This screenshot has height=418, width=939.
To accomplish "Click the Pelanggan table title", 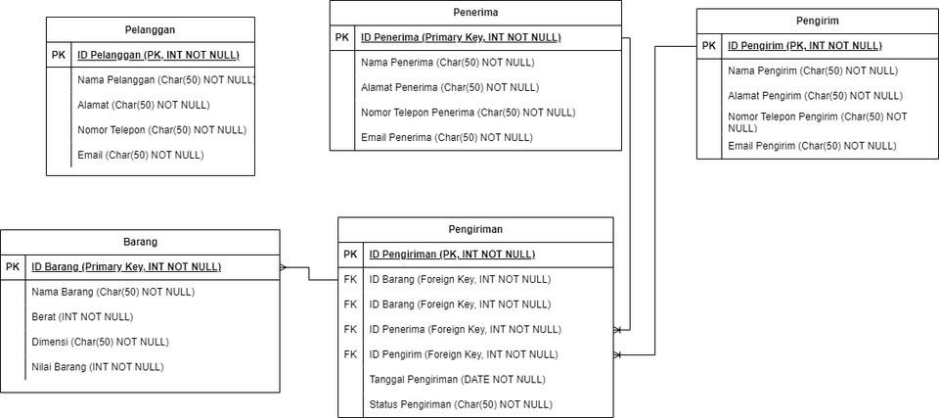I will tap(150, 29).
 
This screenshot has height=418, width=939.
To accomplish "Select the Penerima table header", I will tap(475, 13).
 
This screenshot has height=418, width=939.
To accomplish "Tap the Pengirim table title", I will tap(817, 21).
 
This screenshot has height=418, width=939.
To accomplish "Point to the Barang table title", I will tap(140, 242).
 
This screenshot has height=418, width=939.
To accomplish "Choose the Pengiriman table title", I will tap(475, 229).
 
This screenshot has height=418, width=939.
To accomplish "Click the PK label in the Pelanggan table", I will tap(60, 55).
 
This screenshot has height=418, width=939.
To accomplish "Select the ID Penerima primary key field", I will tap(460, 37).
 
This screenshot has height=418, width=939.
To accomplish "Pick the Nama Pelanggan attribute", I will tap(164, 80).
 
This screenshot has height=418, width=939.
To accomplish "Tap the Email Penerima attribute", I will tap(446, 137).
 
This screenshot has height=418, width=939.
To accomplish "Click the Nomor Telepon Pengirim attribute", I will tap(817, 122).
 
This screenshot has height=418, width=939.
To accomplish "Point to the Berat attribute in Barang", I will tap(82, 317).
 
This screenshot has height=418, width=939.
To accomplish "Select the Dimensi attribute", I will tap(100, 342).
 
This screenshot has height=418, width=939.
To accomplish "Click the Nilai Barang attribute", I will tap(97, 367).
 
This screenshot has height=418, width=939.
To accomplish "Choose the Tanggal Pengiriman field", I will tap(457, 379).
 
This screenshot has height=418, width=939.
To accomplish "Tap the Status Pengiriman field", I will tap(460, 404).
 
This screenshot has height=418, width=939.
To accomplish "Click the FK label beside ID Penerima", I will tap(350, 329).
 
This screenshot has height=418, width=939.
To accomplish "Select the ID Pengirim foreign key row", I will tap(463, 354).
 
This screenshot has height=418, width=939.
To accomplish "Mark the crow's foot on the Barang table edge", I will tap(284, 266).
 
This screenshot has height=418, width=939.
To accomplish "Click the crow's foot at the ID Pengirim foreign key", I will tap(618, 354).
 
